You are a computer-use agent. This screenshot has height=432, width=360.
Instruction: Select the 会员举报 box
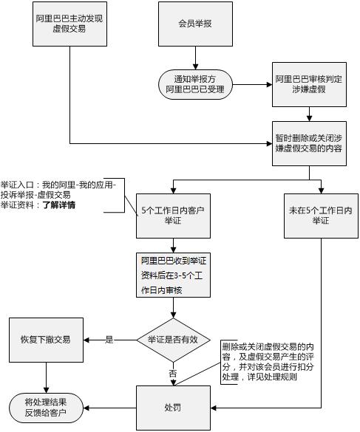(195, 24)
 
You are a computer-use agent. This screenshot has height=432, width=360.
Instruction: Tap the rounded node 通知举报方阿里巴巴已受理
(195, 84)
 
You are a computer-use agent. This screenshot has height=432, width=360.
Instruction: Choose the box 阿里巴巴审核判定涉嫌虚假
(308, 84)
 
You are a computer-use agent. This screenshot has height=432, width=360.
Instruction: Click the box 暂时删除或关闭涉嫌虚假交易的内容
(309, 143)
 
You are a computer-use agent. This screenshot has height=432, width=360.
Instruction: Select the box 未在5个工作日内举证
(321, 216)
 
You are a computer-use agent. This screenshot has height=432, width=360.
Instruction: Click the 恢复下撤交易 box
(46, 340)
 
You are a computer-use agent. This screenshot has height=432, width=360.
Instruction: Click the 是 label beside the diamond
(109, 340)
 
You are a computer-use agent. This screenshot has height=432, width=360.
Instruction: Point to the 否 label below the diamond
(173, 374)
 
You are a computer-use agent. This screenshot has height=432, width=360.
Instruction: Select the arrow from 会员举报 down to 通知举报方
(195, 58)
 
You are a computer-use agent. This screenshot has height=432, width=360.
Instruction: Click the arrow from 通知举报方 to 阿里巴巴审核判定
(251, 84)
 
